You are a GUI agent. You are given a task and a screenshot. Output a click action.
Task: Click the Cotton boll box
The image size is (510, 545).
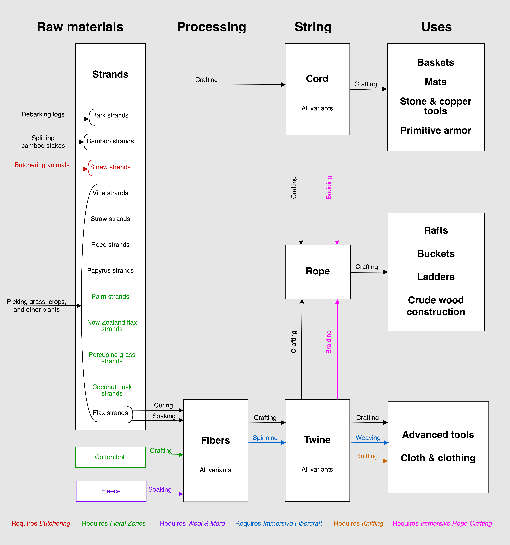coord(110,457)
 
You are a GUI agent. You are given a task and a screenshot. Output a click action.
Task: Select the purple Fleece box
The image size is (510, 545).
coord(111,491)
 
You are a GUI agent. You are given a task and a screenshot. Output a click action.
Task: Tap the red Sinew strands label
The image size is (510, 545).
coord(110,167)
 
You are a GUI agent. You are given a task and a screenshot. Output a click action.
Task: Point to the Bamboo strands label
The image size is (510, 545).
coord(110,141)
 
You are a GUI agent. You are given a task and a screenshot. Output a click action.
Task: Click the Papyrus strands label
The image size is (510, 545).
coord(110,271)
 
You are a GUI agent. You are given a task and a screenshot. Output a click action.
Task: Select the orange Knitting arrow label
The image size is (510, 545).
coord(367,456)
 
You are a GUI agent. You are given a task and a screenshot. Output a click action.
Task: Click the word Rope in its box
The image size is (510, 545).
coord(318,271)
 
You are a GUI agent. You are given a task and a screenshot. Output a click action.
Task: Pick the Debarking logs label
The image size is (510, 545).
coord(43,114)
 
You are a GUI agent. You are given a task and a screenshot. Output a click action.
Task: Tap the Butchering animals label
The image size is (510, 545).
coord(42,165)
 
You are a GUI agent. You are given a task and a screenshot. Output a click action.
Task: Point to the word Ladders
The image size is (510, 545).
coord(436,277)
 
